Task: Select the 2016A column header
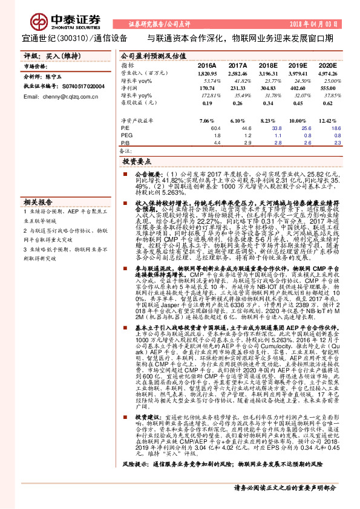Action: [x=207, y=65]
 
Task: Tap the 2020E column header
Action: [x=327, y=65]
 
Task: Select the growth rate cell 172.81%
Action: [x=206, y=96]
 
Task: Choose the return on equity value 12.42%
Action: [x=327, y=121]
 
